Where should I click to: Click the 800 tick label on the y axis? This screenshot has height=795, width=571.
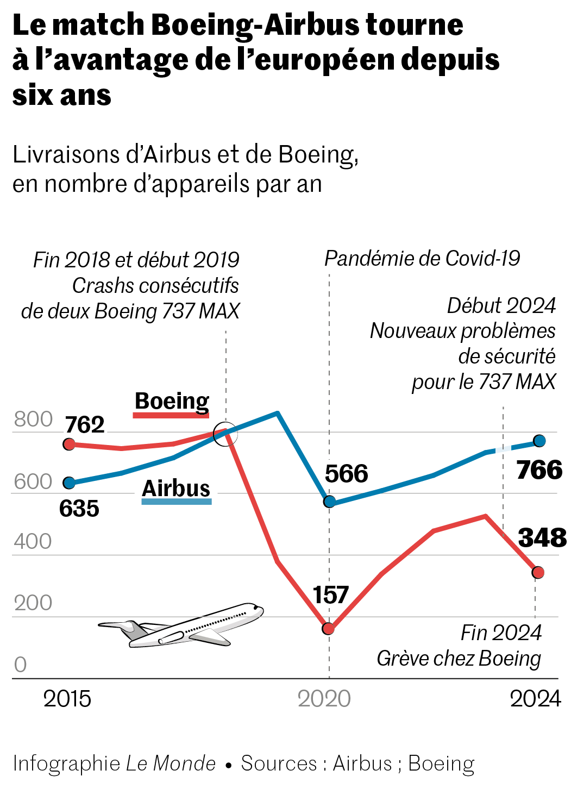tap(33, 420)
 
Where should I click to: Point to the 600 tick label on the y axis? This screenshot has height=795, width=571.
tap(33, 482)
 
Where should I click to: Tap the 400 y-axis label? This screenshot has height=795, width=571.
tap(33, 542)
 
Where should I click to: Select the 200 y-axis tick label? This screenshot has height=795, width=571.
tap(33, 603)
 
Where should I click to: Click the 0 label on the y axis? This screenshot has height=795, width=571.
tap(20, 665)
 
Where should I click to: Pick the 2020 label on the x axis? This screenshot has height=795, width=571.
tap(324, 699)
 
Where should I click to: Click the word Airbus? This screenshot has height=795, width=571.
tap(176, 490)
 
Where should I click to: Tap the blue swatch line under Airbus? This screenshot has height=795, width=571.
tap(176, 502)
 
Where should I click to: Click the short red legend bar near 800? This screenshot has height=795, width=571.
tap(171, 415)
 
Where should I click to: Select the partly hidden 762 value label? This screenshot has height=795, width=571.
tap(85, 428)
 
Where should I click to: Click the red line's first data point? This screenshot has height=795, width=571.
tap(70, 445)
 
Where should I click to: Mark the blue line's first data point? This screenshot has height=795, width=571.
tap(70, 483)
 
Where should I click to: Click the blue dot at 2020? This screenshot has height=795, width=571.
tap(330, 502)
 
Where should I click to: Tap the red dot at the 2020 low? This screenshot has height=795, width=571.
tap(329, 629)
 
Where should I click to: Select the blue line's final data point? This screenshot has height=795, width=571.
tap(540, 441)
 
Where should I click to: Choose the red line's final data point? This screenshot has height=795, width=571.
tap(538, 572)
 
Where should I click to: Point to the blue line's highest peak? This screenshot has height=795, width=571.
tap(278, 413)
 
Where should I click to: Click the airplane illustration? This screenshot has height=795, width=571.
tap(182, 630)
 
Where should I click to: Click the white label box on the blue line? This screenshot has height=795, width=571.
tap(504, 452)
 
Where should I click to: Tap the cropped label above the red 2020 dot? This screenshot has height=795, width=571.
tap(330, 594)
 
